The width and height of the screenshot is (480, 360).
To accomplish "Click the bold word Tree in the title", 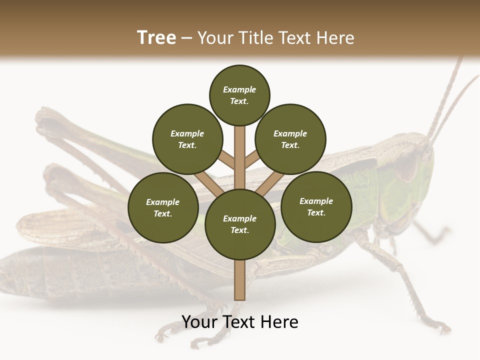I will click(156, 38).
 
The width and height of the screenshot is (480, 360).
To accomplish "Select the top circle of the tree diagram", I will click(239, 95).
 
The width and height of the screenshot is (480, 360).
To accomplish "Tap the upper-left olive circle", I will click(187, 139).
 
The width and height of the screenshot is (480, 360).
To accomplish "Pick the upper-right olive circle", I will click(290, 139).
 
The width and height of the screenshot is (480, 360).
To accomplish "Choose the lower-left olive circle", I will click(163, 208).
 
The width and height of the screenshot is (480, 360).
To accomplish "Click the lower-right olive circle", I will click(316, 206).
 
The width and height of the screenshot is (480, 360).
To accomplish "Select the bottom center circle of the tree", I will click(240, 224).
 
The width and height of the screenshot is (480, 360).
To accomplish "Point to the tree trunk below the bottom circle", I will click(240, 280).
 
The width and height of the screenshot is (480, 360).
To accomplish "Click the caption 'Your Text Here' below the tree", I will click(240, 322).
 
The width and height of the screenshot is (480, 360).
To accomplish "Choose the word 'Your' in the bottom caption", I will click(198, 322).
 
